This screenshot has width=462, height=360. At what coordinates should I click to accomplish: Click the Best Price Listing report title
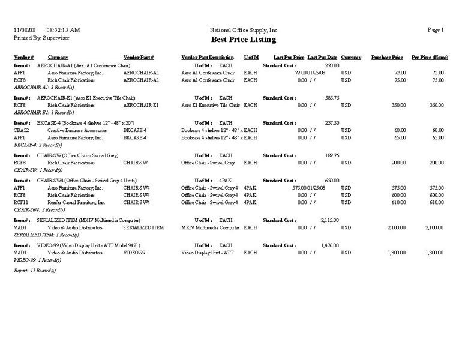[244, 40]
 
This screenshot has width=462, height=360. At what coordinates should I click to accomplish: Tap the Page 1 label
[436, 30]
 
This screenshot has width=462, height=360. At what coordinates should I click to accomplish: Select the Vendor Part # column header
[139, 57]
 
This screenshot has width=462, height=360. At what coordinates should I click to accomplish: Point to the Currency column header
[351, 57]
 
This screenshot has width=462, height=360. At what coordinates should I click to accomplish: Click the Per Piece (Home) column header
[430, 57]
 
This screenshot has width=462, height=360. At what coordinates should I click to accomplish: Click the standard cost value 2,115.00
[330, 220]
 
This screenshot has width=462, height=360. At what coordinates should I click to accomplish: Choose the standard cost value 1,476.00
[330, 245]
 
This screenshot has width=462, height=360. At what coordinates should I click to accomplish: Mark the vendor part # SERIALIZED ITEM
[143, 227]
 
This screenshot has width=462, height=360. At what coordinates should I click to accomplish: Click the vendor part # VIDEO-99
[134, 253]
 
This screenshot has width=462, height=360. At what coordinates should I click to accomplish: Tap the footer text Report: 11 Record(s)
[34, 271]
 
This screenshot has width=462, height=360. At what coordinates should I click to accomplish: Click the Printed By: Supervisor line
[41, 37]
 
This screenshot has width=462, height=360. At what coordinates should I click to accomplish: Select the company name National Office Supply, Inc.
[244, 30]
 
